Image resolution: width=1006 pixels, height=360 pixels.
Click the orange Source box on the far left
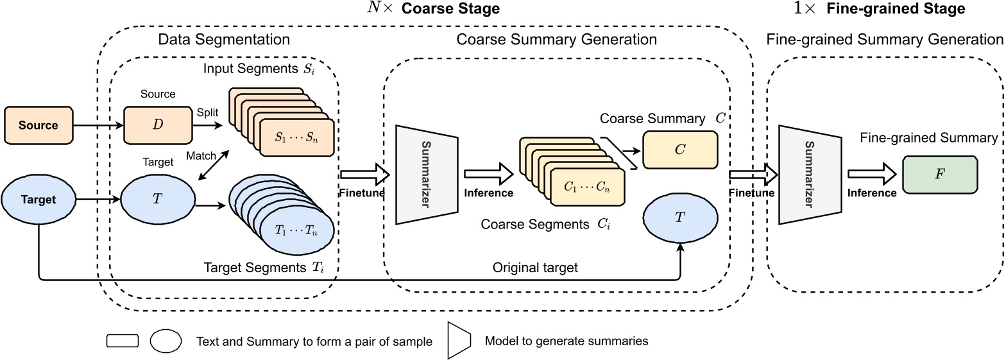pyautogui.click(x=39, y=125)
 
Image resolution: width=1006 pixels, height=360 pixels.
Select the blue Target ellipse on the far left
pyautogui.click(x=39, y=200)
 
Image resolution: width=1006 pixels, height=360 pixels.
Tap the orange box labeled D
pyautogui.click(x=157, y=125)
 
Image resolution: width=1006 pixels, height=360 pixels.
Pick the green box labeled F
pyautogui.click(x=940, y=173)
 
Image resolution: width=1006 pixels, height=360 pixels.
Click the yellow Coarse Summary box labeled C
pyautogui.click(x=680, y=150)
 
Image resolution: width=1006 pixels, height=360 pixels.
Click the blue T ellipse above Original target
pyautogui.click(x=680, y=218)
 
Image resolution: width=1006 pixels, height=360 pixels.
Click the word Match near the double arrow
pyautogui.click(x=200, y=156)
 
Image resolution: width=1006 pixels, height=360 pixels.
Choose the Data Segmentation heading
pyautogui.click(x=224, y=40)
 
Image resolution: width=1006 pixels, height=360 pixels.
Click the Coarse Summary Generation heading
pyautogui.click(x=556, y=40)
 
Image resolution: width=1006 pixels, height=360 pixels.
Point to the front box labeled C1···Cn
pyautogui.click(x=587, y=189)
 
